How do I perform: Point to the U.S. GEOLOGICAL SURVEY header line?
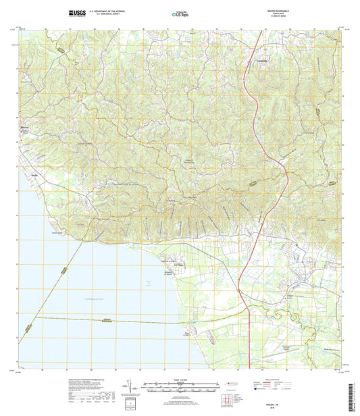(111, 14)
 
